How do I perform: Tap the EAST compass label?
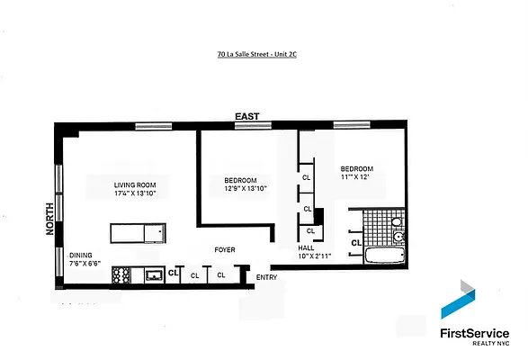(x=246, y=117)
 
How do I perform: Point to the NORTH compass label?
(x=49, y=219)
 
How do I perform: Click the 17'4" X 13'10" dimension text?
(x=136, y=194)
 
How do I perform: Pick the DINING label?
(x=82, y=255)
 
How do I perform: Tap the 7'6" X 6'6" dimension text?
(x=85, y=264)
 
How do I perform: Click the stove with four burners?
(x=122, y=275)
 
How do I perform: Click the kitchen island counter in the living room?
(x=138, y=233)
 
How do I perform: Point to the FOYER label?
(x=224, y=249)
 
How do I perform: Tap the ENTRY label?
(x=267, y=276)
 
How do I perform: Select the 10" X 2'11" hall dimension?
(x=315, y=256)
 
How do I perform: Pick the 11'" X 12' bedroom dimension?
(x=356, y=176)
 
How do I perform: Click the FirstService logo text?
(x=473, y=333)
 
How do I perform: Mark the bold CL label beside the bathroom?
(x=356, y=241)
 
